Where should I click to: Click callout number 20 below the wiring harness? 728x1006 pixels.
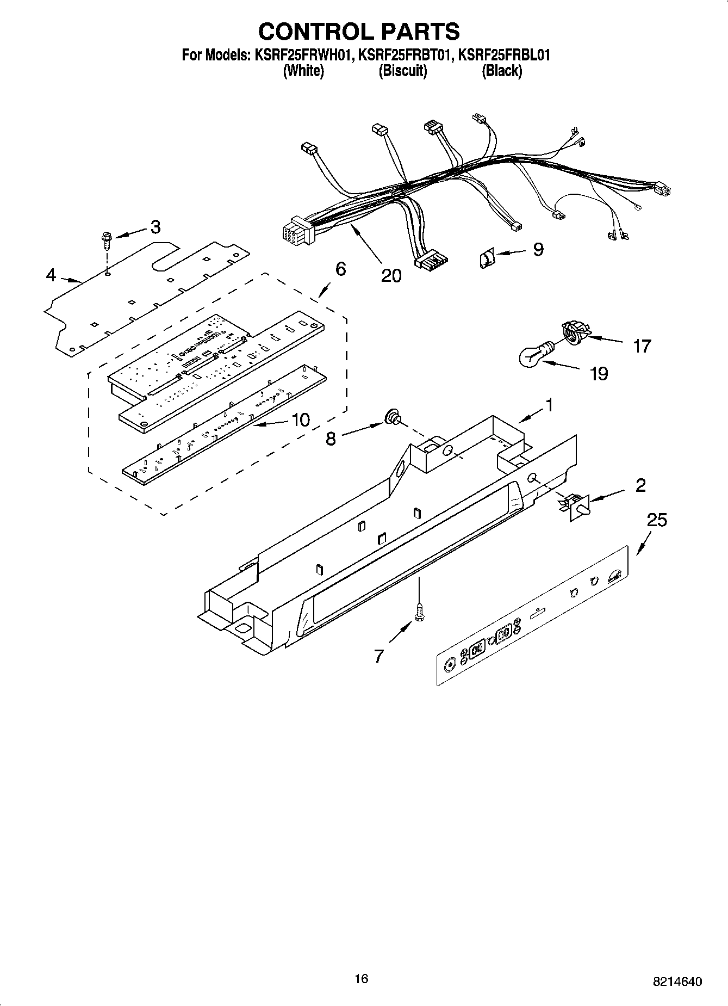pos(391,275)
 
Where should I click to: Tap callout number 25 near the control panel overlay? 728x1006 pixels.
pos(657,520)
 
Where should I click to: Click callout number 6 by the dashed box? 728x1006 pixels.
pos(340,269)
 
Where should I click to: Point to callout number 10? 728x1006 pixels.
pos(300,419)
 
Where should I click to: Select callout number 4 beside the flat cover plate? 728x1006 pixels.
pos(51,275)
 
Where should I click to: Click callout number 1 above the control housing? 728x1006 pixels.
pos(549,405)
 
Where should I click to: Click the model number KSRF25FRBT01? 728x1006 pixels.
pos(405,55)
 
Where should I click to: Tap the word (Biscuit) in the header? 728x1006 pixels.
pos(402,71)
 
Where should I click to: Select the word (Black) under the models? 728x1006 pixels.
pos(501,71)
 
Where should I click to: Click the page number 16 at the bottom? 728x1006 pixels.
pos(361,978)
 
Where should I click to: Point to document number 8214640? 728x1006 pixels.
pos(677,982)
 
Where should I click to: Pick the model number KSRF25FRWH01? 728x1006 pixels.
pos(302,55)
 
